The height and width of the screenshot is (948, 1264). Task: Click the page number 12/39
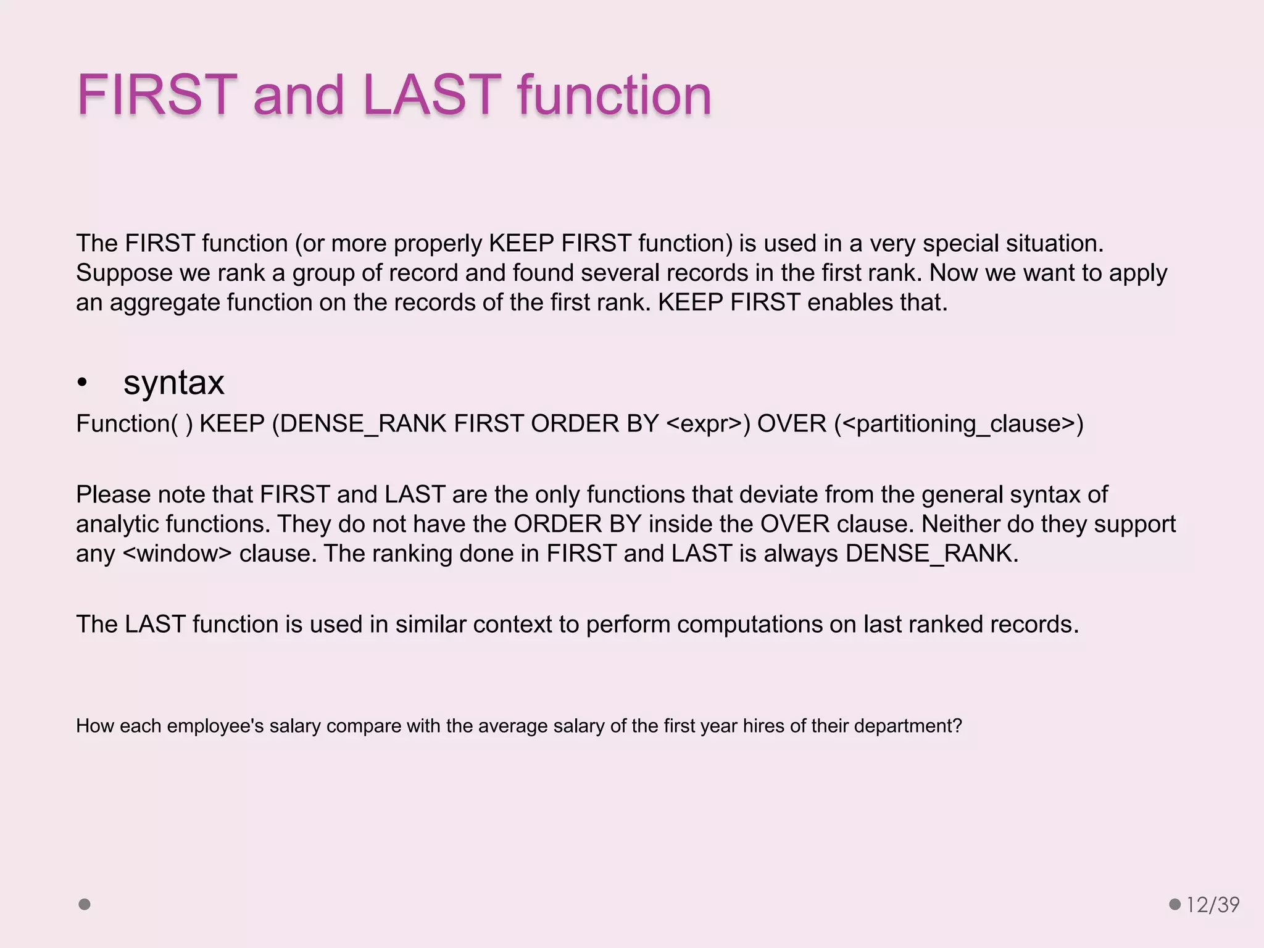pyautogui.click(x=1213, y=905)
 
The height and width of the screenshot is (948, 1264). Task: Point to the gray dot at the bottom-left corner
pyautogui.click(x=85, y=904)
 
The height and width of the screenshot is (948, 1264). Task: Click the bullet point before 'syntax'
pyautogui.click(x=82, y=383)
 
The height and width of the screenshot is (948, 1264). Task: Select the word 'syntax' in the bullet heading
pyautogui.click(x=173, y=383)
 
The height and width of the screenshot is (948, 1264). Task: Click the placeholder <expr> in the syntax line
pyautogui.click(x=704, y=424)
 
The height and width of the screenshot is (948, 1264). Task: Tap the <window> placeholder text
pyautogui.click(x=178, y=554)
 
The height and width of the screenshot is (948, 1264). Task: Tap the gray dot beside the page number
pyautogui.click(x=1175, y=904)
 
